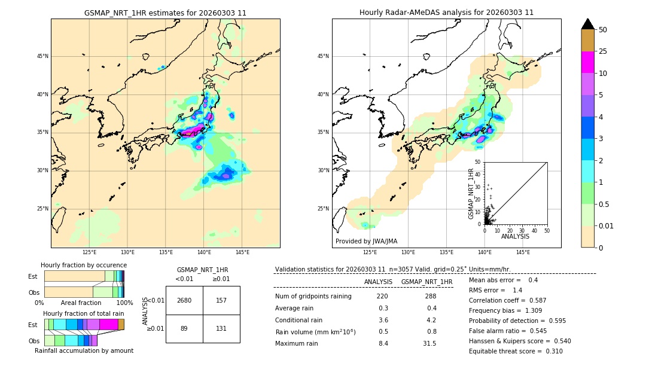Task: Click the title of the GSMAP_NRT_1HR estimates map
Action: point(165,13)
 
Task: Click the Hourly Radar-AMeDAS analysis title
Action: point(446,13)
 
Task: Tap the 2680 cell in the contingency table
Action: point(184,300)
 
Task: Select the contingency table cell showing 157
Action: point(221,300)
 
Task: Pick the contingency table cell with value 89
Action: point(184,328)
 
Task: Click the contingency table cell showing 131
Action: point(221,328)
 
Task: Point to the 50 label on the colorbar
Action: point(603,30)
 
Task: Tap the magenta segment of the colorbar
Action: point(587,62)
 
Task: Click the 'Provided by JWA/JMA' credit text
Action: point(366,242)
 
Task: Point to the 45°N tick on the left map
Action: point(42,56)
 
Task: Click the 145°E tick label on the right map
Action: point(523,252)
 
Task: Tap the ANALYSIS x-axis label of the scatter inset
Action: point(515,236)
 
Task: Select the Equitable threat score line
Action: point(516,351)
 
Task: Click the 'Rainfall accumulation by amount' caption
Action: point(84,350)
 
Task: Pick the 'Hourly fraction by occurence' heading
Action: point(84,265)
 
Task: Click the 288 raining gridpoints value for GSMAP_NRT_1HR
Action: point(430,296)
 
